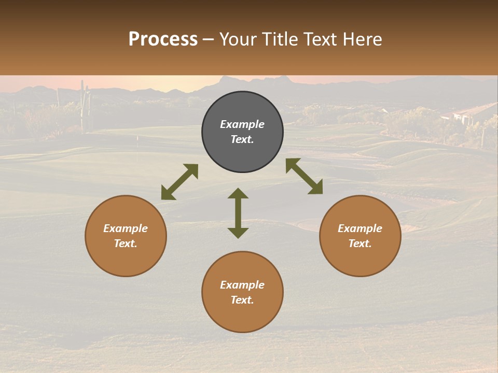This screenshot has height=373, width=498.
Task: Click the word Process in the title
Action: [x=163, y=39]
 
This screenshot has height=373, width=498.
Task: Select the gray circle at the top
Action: [x=242, y=132]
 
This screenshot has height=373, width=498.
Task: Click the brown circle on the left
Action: [x=126, y=236]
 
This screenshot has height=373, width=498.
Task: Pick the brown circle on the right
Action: [x=360, y=236]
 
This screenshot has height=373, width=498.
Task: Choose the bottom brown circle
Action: [x=242, y=292]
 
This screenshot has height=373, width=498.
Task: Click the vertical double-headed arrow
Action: [x=238, y=213]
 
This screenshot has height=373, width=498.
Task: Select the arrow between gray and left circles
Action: [x=179, y=182]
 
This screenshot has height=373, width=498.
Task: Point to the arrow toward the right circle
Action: [x=304, y=176]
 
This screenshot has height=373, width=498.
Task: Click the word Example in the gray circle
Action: [x=242, y=124]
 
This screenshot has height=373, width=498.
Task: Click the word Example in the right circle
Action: [x=360, y=228]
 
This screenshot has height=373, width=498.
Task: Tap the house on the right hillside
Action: [x=469, y=113]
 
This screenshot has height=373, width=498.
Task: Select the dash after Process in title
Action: [x=209, y=40]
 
